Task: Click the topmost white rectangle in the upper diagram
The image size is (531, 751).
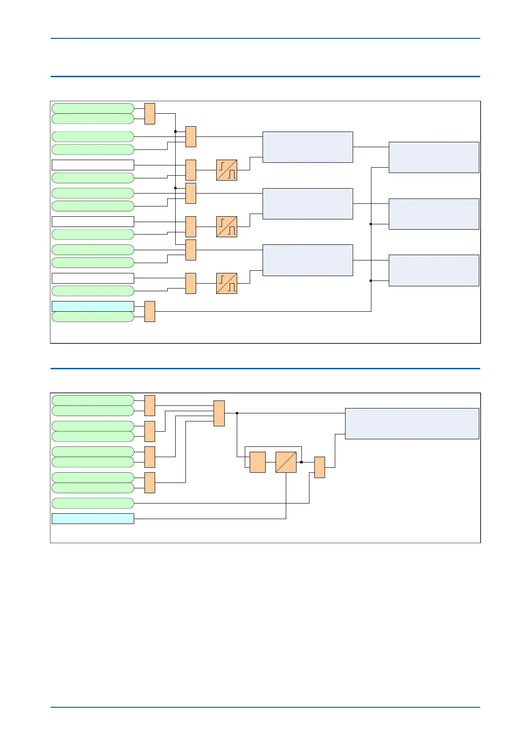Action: pyautogui.click(x=93, y=165)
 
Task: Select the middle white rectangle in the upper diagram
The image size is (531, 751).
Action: pyautogui.click(x=93, y=221)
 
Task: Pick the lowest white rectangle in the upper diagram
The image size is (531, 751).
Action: pyautogui.click(x=93, y=278)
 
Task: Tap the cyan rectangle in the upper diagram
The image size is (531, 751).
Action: pyautogui.click(x=93, y=306)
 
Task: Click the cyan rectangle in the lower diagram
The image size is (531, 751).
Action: pyautogui.click(x=93, y=518)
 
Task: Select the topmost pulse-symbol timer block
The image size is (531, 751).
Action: pyautogui.click(x=226, y=170)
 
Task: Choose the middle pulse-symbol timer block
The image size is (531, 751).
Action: pyautogui.click(x=226, y=227)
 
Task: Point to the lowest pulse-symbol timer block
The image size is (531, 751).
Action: pyautogui.click(x=226, y=283)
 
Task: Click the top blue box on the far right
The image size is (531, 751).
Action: pyautogui.click(x=434, y=157)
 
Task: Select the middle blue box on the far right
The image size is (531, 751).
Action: pyautogui.click(x=434, y=214)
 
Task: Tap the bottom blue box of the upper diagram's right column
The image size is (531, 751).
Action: pyautogui.click(x=434, y=270)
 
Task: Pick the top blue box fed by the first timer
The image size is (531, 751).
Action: pyautogui.click(x=308, y=147)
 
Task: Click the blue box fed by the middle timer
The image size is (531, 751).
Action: pyautogui.click(x=308, y=203)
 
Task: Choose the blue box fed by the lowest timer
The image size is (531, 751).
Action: pyautogui.click(x=308, y=260)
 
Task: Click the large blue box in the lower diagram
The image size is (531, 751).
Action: pyautogui.click(x=412, y=423)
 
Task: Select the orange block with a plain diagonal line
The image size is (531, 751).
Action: pyautogui.click(x=286, y=462)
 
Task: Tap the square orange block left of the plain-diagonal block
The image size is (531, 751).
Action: pyautogui.click(x=257, y=462)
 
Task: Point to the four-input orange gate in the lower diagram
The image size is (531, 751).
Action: pyautogui.click(x=219, y=413)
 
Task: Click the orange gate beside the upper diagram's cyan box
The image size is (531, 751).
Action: pyautogui.click(x=150, y=311)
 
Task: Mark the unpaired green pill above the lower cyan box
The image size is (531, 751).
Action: pyautogui.click(x=93, y=503)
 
